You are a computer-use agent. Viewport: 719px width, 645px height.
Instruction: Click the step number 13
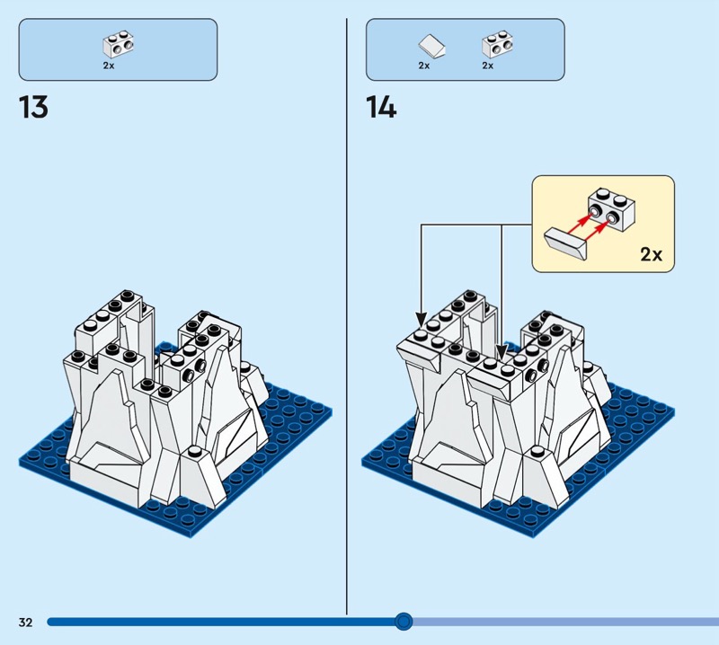pos(33,108)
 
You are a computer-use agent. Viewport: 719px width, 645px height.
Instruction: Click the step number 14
pos(380,108)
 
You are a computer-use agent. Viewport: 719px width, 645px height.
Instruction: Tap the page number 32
pos(24,622)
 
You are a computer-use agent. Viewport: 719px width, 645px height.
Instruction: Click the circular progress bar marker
pos(404,621)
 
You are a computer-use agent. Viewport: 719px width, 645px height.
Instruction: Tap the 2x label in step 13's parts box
pos(109,65)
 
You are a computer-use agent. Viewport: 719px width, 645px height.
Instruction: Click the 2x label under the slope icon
pos(424,65)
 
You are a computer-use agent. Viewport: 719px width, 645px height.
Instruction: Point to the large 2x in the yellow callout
pos(651,254)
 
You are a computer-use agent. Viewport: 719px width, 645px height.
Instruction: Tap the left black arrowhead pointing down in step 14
pos(421,319)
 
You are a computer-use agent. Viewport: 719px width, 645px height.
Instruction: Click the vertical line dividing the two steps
pos(347,314)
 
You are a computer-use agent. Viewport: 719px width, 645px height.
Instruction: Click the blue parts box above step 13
pos(118,49)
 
